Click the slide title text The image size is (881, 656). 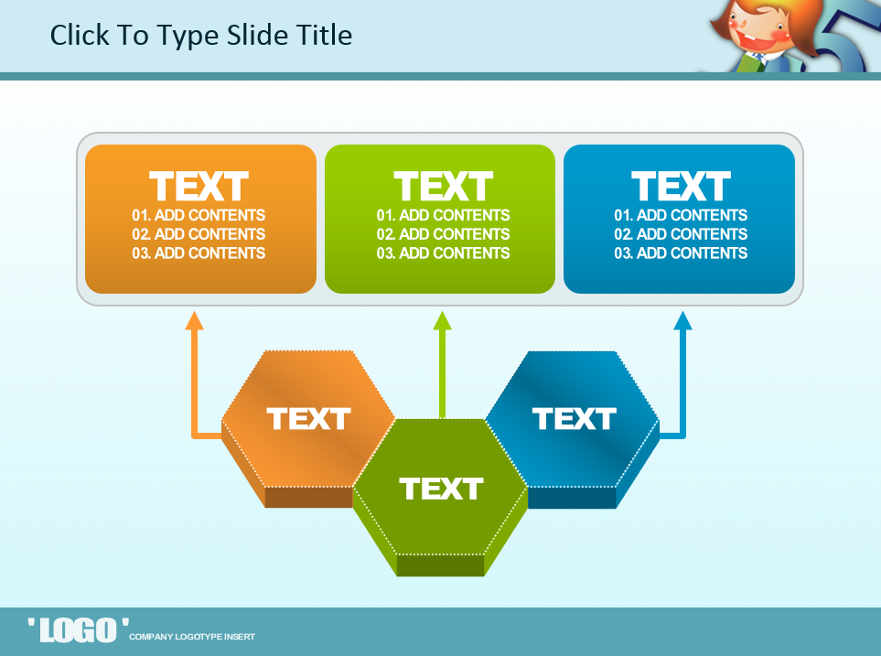pyautogui.click(x=201, y=36)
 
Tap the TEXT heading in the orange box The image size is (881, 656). pyautogui.click(x=199, y=186)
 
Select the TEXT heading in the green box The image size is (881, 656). pyautogui.click(x=444, y=186)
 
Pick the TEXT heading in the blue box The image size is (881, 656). pyautogui.click(x=681, y=186)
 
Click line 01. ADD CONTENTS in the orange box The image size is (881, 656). pyautogui.click(x=199, y=215)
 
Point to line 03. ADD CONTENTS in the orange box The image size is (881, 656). pyautogui.click(x=199, y=253)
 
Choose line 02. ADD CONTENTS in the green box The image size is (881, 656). pyautogui.click(x=444, y=234)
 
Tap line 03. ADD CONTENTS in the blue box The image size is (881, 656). pyautogui.click(x=681, y=253)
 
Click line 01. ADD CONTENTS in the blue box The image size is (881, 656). pyautogui.click(x=681, y=215)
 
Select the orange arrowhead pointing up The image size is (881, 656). pyautogui.click(x=194, y=321)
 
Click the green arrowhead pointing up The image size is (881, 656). pyautogui.click(x=442, y=321)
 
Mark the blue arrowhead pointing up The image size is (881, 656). pyautogui.click(x=682, y=321)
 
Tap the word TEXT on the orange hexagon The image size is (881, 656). pyautogui.click(x=308, y=419)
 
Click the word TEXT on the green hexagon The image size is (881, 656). pyautogui.click(x=442, y=489)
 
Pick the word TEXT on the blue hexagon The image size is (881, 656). pyautogui.click(x=575, y=419)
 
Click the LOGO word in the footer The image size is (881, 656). pyautogui.click(x=78, y=630)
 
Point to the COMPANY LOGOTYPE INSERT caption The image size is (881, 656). pyautogui.click(x=192, y=637)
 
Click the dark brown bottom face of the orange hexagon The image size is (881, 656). pyautogui.click(x=308, y=498)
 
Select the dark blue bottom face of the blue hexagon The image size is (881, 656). pyautogui.click(x=572, y=498)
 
